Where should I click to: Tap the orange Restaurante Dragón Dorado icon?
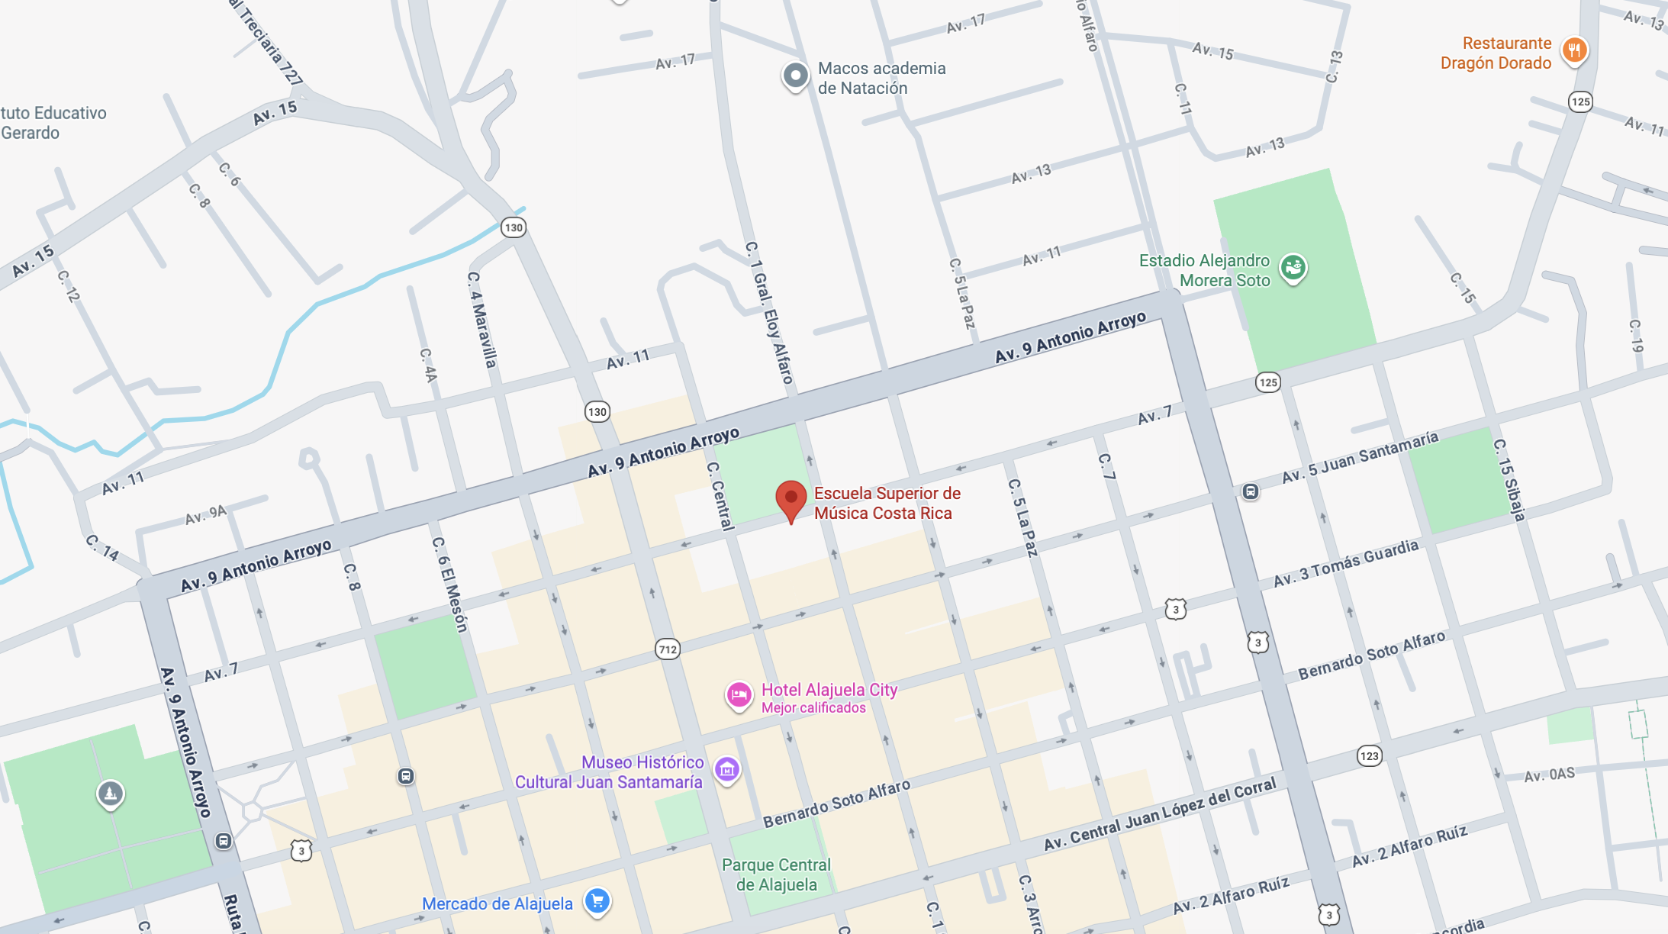1574,51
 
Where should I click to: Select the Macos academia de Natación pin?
795,76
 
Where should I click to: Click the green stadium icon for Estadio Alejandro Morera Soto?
1293,268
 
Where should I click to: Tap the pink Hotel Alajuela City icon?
739,695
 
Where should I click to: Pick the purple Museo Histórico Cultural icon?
727,769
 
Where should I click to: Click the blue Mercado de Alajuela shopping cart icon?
597,901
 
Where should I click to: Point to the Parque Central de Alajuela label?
776,874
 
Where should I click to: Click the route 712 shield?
668,649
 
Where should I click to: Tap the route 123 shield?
1370,756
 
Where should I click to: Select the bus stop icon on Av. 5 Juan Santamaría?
1251,491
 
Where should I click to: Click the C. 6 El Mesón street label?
449,585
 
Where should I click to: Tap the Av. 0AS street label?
1549,775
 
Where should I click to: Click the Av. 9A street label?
206,515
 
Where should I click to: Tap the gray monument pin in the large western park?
111,794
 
